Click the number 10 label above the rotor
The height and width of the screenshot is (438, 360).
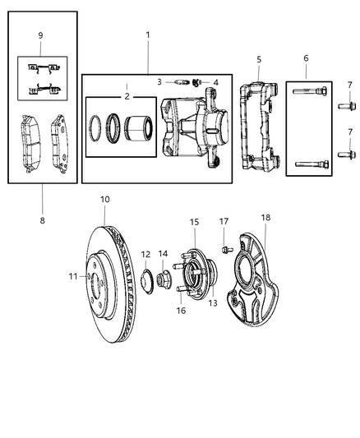[104, 199]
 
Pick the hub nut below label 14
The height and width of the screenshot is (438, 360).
[162, 282]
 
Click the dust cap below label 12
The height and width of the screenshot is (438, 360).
[145, 282]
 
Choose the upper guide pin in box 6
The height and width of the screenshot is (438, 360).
[310, 91]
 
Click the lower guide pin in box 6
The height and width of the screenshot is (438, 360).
[310, 164]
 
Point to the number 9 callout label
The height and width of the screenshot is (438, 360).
[40, 35]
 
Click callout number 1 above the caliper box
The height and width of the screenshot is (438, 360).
[147, 35]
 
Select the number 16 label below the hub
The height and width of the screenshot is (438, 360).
[181, 311]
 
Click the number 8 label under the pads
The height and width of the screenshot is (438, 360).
[43, 220]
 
